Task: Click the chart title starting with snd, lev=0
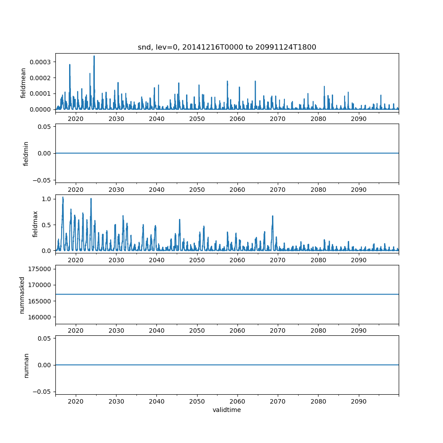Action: [227, 47]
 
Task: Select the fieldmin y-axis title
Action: [26, 153]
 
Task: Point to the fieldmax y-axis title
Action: [35, 224]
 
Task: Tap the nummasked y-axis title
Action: [22, 295]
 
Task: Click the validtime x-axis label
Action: [227, 410]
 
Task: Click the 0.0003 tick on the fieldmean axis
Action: [40, 62]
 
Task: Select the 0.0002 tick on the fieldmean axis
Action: [40, 78]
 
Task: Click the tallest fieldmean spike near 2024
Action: [94, 56]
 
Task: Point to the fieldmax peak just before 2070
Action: [272, 216]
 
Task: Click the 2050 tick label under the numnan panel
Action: [197, 401]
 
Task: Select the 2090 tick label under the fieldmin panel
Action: [358, 190]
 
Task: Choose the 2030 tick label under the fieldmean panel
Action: [116, 119]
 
